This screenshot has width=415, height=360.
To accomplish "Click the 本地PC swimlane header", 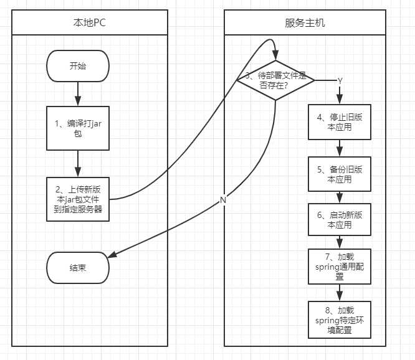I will (x=90, y=23).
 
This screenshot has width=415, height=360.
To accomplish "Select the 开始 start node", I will (x=78, y=65).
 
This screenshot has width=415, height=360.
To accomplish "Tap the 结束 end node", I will (x=78, y=268).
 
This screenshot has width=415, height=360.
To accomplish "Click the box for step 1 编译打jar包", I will (x=78, y=128).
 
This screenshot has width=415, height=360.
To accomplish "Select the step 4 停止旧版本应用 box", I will (x=340, y=121).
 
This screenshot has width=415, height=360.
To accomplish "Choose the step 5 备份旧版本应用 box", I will (x=340, y=174).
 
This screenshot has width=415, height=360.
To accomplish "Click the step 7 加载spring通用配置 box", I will (x=340, y=267).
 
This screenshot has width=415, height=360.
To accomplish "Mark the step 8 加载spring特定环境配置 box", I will (x=340, y=320).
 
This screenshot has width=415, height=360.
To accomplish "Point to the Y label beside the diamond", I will (x=340, y=81).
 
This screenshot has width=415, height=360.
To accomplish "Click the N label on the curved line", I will (x=222, y=200).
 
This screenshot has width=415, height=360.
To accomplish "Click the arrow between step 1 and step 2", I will (x=78, y=164).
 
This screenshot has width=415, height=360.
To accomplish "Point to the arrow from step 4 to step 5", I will (x=340, y=148).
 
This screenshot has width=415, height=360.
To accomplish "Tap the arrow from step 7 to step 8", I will (x=340, y=293).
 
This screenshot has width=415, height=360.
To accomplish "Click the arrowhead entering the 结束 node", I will (x=113, y=255).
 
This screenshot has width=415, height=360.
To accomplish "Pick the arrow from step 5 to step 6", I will (x=340, y=197).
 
